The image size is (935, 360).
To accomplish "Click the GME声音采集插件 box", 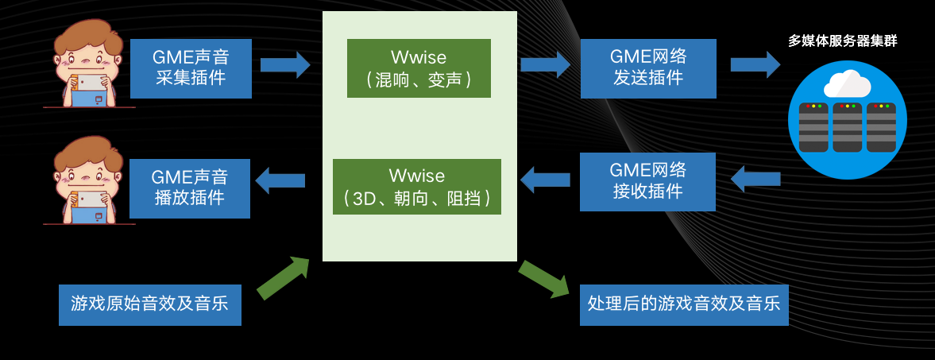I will coord(190,68).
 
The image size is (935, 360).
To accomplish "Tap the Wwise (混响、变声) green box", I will coord(419,68).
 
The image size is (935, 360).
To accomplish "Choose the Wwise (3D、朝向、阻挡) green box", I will coord(416,187).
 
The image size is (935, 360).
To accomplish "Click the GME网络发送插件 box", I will coord(648,68).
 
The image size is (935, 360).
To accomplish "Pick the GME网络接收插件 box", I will coord(647,182).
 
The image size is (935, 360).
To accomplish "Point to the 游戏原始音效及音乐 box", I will coord(149,304).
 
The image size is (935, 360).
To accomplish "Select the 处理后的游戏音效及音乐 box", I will coord(684,304).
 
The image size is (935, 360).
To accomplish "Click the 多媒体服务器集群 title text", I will coord(843,41).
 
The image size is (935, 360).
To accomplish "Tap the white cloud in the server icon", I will coord(847,83).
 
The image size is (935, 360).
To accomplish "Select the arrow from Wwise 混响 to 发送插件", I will coord(546,64).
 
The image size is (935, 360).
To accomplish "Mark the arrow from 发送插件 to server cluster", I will coord(755,64).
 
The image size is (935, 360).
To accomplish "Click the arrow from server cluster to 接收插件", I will coord(755,179).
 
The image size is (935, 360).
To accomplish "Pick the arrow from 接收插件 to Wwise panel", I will coord(545,179).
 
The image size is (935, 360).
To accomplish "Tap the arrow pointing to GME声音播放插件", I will coord(280,180).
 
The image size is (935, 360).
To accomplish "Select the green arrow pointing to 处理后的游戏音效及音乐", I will coord(543,279).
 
